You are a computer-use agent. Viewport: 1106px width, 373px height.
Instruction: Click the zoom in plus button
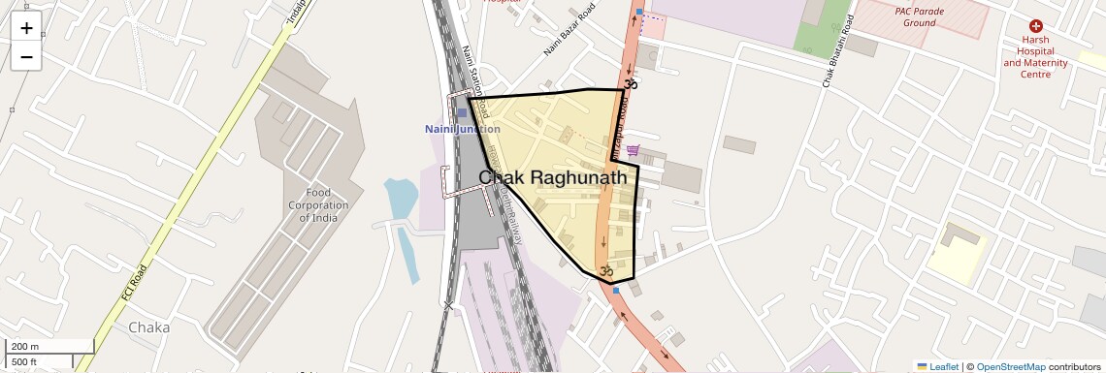[26, 28]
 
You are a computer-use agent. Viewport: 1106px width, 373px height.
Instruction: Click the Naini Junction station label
[463, 129]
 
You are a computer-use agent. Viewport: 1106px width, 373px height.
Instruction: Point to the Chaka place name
[148, 327]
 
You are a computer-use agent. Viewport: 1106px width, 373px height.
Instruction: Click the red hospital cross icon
[1035, 26]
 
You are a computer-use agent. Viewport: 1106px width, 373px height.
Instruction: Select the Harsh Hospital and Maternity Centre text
[1035, 57]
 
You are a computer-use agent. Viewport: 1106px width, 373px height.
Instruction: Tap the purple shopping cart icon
[633, 150]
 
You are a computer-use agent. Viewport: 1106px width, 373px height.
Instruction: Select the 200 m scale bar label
[25, 347]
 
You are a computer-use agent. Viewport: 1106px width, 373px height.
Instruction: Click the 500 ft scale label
[25, 361]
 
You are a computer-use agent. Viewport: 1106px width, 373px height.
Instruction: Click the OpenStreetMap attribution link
[1010, 366]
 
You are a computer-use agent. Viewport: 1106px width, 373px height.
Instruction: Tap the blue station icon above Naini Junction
[462, 113]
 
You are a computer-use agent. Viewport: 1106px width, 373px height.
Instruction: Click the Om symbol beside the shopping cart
[630, 85]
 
